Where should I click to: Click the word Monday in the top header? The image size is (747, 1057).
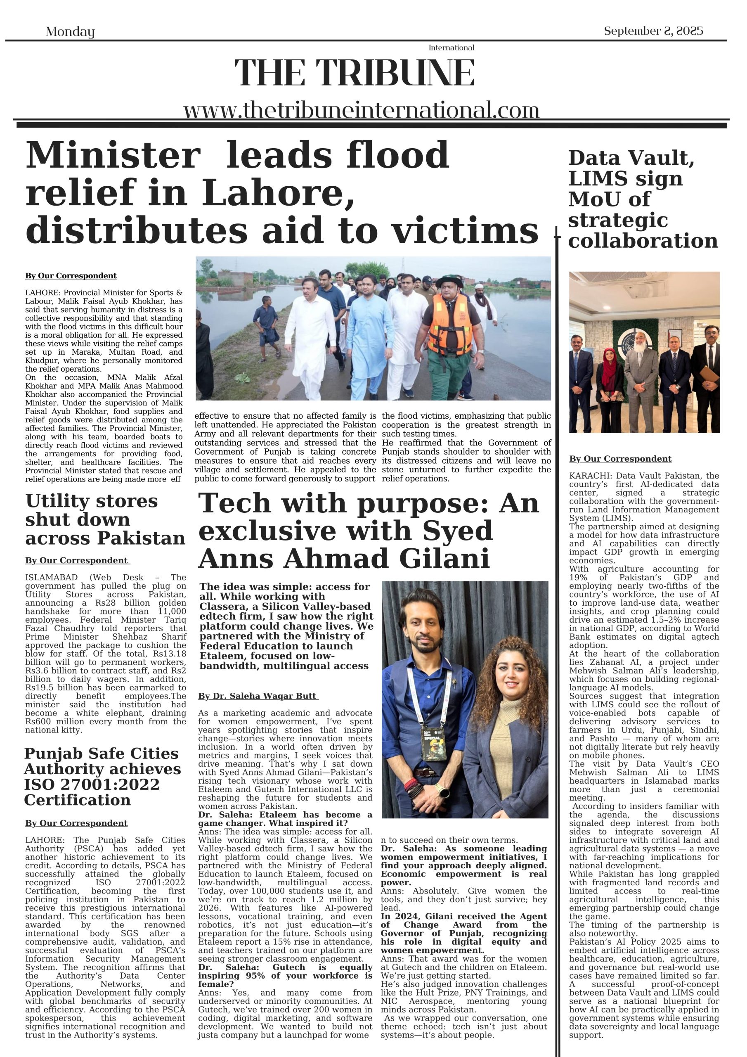pos(70,32)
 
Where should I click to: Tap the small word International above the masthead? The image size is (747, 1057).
pos(451,48)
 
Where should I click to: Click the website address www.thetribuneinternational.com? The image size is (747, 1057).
pos(361,111)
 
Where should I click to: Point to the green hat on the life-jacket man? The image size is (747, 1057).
pos(449,280)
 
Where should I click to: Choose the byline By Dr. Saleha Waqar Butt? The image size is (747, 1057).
pos(258,696)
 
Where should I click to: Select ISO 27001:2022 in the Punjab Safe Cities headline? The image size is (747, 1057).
pos(92,784)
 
